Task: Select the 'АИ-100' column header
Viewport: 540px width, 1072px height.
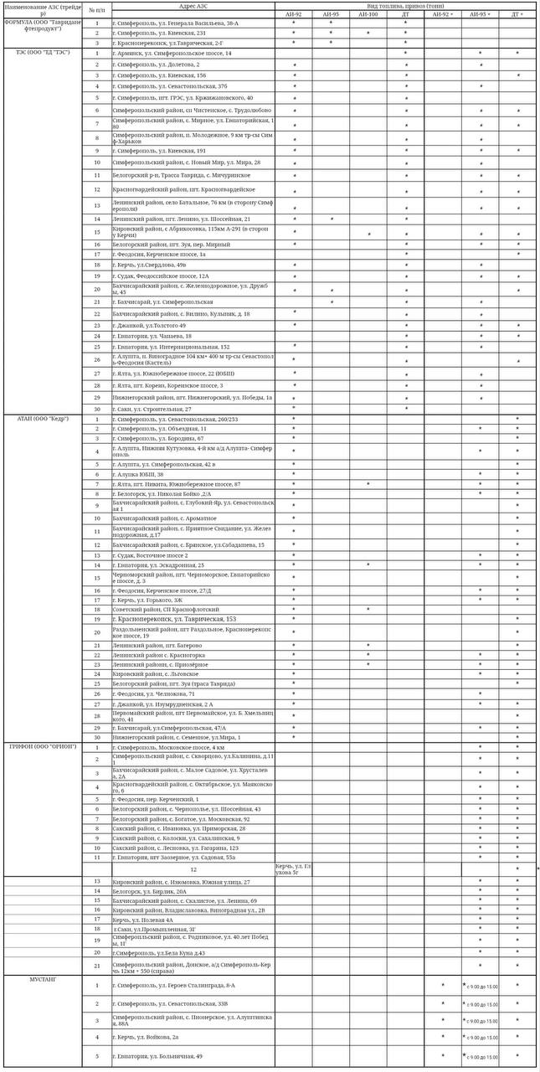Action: (x=368, y=14)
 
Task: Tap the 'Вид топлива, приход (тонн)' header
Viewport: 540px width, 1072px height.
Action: (x=405, y=5)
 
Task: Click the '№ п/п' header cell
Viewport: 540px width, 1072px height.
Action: (x=97, y=9)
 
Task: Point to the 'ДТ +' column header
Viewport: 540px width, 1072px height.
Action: (x=517, y=14)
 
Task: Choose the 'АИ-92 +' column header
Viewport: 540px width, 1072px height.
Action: (x=443, y=14)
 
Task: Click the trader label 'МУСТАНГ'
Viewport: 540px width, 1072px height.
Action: (x=42, y=978)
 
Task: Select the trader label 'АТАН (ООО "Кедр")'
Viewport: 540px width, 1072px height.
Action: (x=42, y=418)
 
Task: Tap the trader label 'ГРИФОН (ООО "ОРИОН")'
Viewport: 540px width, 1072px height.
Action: (x=42, y=746)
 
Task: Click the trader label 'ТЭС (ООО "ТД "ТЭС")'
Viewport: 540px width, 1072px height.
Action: (x=42, y=53)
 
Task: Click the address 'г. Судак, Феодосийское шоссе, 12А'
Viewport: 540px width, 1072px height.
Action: (x=163, y=276)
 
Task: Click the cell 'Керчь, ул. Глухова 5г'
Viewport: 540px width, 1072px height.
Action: (x=293, y=868)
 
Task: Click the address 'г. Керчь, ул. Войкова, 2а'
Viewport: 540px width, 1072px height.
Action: (x=147, y=1037)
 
